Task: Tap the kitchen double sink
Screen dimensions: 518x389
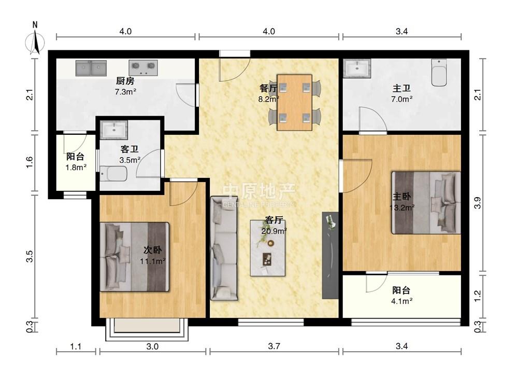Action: tap(91, 68)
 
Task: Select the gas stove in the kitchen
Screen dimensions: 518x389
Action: tap(143, 67)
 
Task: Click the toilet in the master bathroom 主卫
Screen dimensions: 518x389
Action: tap(439, 73)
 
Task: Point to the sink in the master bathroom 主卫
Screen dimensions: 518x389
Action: tap(357, 68)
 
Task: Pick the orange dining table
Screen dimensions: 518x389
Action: tap(294, 103)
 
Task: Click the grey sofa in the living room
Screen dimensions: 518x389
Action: tap(224, 248)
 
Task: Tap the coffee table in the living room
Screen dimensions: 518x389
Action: tap(268, 248)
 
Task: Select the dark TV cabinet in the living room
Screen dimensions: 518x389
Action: tap(330, 255)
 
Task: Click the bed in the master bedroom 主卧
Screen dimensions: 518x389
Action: tap(426, 203)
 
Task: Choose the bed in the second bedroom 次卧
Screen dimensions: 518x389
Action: tap(135, 257)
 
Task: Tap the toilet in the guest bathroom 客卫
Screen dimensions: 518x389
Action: tap(113, 174)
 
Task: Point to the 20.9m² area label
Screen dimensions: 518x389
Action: tap(274, 231)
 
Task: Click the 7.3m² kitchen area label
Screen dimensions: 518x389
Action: tap(125, 92)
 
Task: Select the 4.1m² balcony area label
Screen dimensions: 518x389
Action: tap(402, 301)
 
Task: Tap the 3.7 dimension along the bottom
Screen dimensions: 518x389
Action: tap(274, 346)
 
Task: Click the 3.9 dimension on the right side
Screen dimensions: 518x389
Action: tap(478, 202)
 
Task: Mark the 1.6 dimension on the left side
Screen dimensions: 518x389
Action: tap(30, 162)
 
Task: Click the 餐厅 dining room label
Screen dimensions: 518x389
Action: tap(268, 88)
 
